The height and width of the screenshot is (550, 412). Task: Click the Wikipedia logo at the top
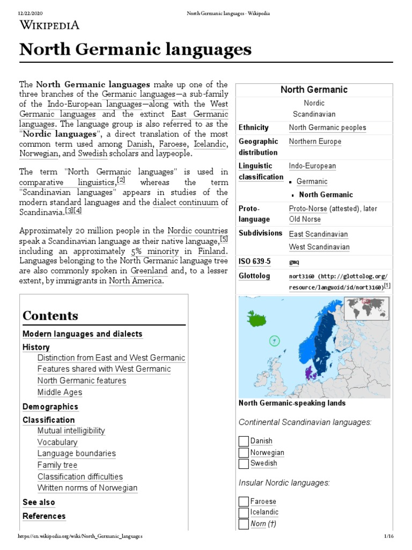coord(49,24)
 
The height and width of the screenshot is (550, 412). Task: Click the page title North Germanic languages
coord(135,50)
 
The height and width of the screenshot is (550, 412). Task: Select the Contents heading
coord(50,316)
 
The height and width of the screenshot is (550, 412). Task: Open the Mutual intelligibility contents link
coord(71,431)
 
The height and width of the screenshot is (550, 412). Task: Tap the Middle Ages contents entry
coord(60,392)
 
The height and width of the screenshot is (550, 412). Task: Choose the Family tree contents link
coord(57,465)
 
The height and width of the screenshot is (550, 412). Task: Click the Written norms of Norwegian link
coord(87,488)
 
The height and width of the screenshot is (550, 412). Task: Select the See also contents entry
coord(39,502)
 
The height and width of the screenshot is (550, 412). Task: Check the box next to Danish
coord(244,442)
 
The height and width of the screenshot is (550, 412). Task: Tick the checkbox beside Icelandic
coord(244,513)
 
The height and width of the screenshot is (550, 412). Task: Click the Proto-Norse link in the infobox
coord(308,208)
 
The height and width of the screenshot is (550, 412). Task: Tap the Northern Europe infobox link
coord(315,142)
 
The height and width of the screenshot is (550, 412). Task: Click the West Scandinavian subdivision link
coord(319,247)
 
